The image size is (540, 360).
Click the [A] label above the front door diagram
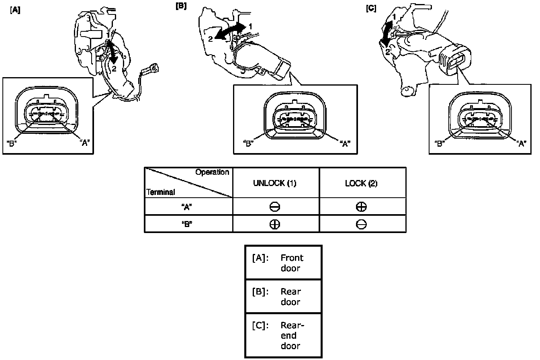tap(15, 10)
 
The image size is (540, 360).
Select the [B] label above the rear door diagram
tap(181, 6)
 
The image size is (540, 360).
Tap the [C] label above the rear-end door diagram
tap(371, 8)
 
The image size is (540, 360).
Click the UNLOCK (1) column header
tap(274, 183)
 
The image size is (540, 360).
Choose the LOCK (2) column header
tap(361, 184)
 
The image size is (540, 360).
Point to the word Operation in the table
tap(212, 172)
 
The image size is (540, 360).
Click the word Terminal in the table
tap(161, 192)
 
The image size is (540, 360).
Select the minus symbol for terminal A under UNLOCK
tap(274, 207)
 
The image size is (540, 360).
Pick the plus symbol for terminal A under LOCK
tap(361, 207)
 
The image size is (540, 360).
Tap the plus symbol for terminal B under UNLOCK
tap(274, 225)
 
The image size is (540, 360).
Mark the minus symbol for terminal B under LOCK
tap(361, 225)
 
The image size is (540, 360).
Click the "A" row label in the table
tap(187, 207)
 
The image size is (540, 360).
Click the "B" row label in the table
tap(187, 225)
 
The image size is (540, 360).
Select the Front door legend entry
tap(278, 263)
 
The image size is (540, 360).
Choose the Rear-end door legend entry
tap(278, 335)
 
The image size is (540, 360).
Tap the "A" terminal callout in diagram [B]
tap(345, 144)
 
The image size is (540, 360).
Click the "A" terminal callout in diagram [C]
tap(522, 144)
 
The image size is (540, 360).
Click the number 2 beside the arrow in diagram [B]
tap(210, 39)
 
